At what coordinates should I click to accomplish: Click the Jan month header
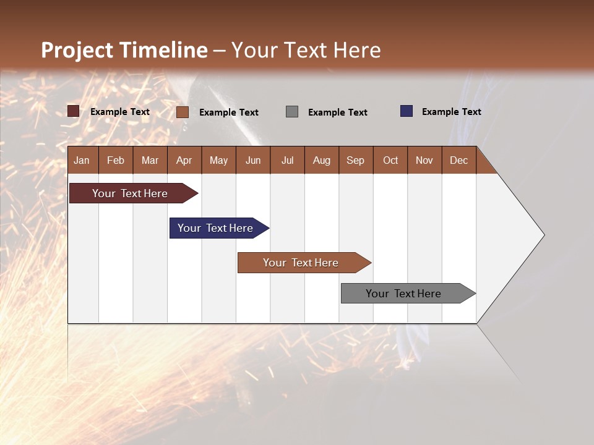(x=82, y=160)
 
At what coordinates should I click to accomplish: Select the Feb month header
(x=116, y=160)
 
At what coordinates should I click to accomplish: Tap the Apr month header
(x=184, y=160)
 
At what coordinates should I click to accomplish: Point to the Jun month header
(x=253, y=160)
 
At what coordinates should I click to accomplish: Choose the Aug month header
(x=321, y=160)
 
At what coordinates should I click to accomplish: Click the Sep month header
(x=355, y=160)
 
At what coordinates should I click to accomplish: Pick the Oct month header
(x=390, y=160)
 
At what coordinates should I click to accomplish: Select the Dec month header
(x=458, y=160)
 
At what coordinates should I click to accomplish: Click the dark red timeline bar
(x=131, y=193)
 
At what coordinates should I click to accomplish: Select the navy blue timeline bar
(x=216, y=228)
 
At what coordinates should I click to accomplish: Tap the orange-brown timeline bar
(x=301, y=263)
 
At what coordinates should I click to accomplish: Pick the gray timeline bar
(x=404, y=294)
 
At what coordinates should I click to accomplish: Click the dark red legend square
(x=74, y=111)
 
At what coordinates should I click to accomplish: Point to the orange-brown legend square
(x=183, y=112)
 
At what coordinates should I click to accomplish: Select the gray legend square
(x=292, y=112)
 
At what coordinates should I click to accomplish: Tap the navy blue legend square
(x=407, y=111)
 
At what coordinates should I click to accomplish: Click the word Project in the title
(x=77, y=50)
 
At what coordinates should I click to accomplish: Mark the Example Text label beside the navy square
(x=451, y=112)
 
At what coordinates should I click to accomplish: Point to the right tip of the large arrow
(x=543, y=234)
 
